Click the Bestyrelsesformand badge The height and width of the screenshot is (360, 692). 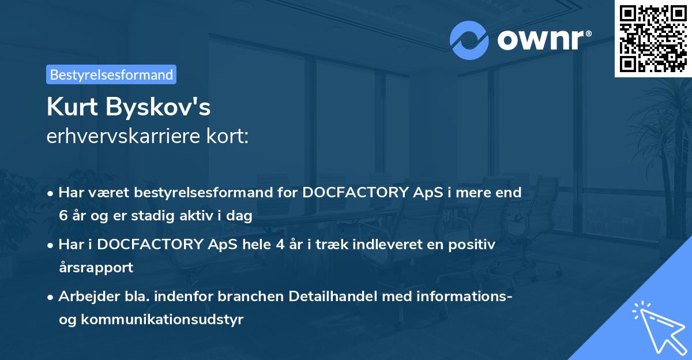(111, 74)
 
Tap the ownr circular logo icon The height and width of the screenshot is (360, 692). (469, 40)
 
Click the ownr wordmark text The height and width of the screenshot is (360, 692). (541, 40)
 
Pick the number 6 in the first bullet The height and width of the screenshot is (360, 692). (62, 216)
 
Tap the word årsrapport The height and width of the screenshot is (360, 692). (96, 268)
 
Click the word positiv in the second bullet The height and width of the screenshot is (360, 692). (473, 245)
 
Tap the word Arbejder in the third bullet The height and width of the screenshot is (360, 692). (84, 297)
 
